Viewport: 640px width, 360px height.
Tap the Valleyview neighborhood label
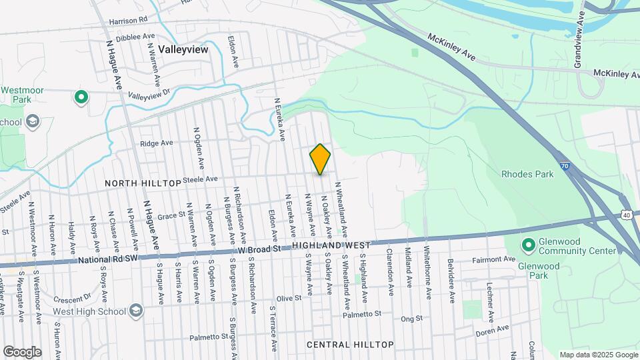point(183,49)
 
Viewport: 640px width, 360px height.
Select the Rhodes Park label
point(527,175)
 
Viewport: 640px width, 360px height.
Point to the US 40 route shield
point(627,215)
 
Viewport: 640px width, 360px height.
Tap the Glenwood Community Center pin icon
point(529,246)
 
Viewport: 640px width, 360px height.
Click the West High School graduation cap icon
point(136,311)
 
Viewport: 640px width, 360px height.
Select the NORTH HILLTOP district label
point(143,183)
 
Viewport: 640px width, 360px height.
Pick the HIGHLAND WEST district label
point(337,247)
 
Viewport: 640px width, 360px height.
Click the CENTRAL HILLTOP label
point(350,345)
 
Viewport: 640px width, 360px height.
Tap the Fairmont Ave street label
point(494,259)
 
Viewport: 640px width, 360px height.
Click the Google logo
point(22,351)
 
